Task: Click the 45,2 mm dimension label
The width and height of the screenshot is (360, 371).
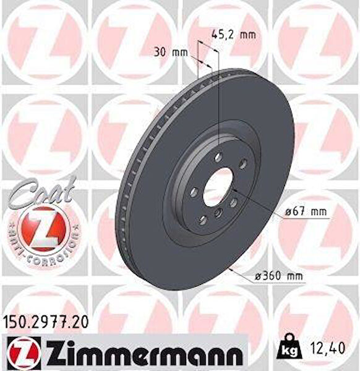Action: (233, 34)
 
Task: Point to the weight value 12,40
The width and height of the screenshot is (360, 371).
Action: (328, 348)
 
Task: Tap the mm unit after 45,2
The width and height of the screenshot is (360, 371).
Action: (247, 34)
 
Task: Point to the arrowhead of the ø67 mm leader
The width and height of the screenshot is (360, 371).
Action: (233, 191)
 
